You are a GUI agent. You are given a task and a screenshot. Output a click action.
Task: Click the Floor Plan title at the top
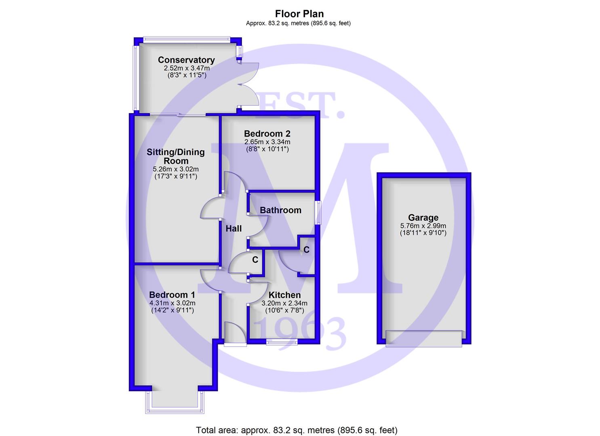tap(299, 14)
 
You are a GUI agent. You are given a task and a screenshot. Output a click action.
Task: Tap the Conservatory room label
tap(186, 60)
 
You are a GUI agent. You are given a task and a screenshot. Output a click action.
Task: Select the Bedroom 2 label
tap(267, 134)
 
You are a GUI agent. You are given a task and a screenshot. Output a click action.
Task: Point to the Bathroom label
tap(280, 210)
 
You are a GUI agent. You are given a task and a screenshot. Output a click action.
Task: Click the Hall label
tap(234, 228)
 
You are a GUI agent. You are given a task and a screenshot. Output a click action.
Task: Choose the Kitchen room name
tap(284, 295)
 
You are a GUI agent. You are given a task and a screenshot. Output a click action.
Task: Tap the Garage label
tap(423, 218)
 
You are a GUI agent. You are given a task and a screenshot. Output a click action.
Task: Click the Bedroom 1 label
tap(172, 295)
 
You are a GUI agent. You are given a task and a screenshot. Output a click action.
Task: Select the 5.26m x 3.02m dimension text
tap(176, 169)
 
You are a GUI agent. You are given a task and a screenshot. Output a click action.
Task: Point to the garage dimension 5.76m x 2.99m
tap(423, 226)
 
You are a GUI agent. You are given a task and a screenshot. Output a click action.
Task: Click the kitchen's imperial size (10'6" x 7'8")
tap(284, 310)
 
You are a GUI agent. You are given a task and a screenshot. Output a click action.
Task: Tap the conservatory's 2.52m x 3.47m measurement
tap(187, 68)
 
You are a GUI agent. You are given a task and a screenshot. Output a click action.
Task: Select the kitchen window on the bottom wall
tap(282, 342)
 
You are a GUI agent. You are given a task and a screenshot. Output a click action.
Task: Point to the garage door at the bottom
tap(424, 339)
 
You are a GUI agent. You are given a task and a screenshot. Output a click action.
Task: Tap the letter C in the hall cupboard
tap(255, 260)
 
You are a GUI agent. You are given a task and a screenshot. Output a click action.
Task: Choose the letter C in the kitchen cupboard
tap(306, 250)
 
